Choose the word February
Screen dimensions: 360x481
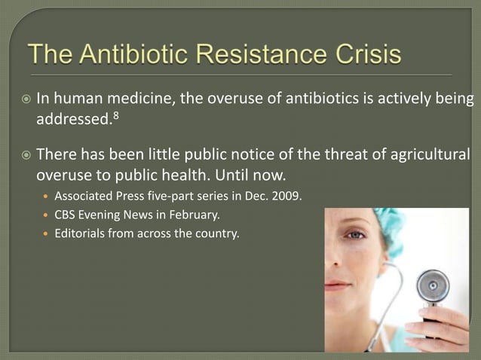(x=195, y=216)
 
